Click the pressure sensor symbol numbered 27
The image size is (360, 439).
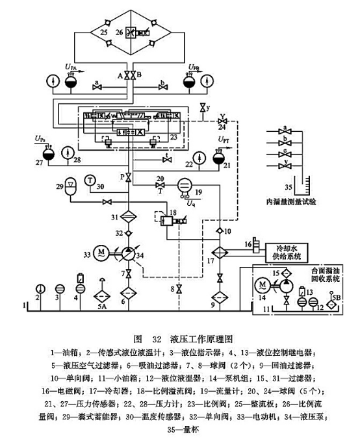click(47, 153)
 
